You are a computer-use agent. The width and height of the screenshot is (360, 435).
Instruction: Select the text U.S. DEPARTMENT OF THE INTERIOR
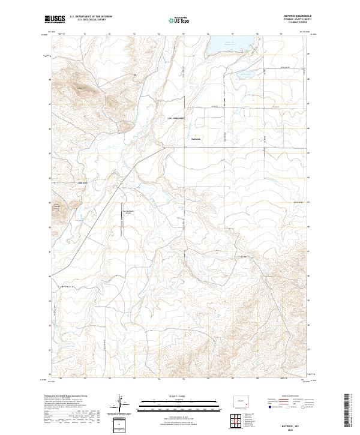coord(91,17)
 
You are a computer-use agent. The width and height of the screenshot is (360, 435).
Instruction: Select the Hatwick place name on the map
coord(196,140)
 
